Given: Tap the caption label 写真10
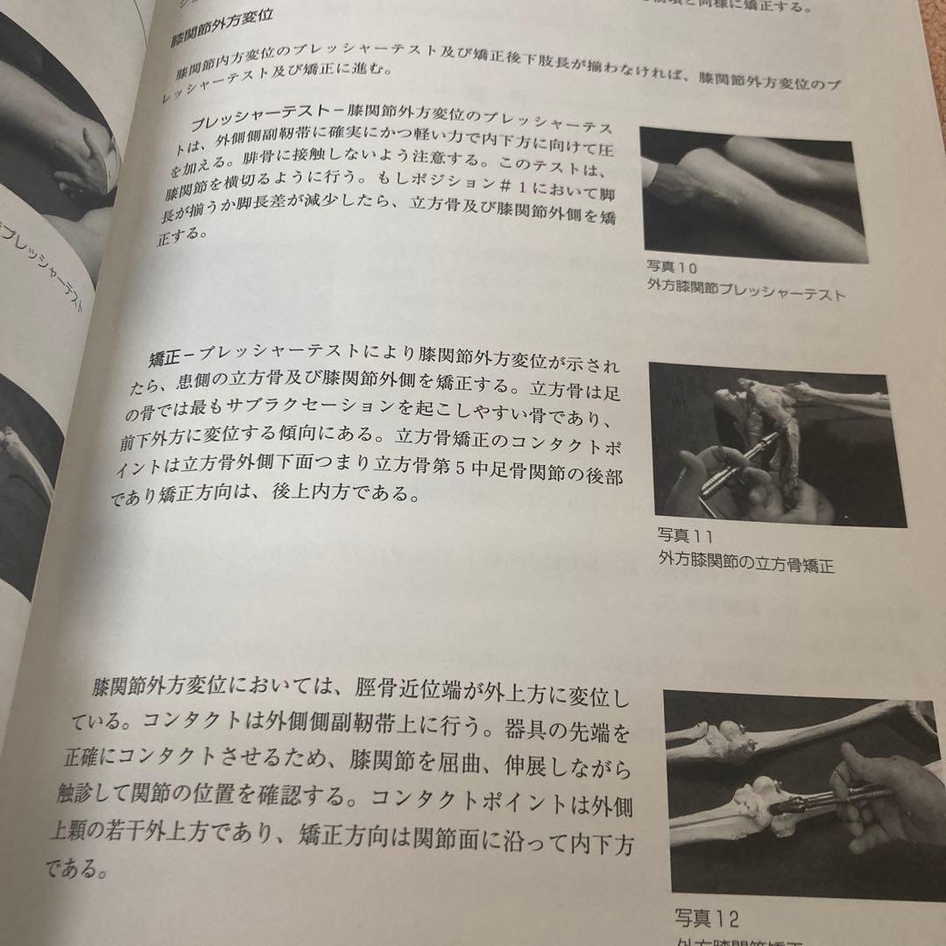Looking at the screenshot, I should (673, 266).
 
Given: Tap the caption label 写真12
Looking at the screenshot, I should (706, 918).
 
